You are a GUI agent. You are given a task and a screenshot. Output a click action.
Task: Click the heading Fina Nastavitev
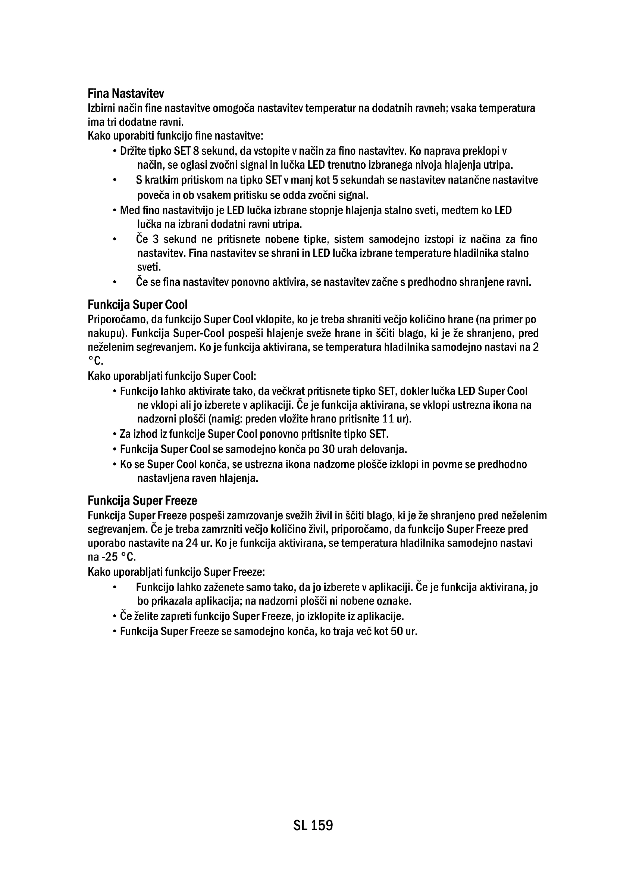[126, 93]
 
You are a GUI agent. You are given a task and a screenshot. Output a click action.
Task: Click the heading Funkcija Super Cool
[138, 305]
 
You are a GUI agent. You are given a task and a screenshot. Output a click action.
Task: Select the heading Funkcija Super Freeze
[142, 501]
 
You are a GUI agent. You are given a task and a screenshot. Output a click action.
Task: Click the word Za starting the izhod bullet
[125, 434]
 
